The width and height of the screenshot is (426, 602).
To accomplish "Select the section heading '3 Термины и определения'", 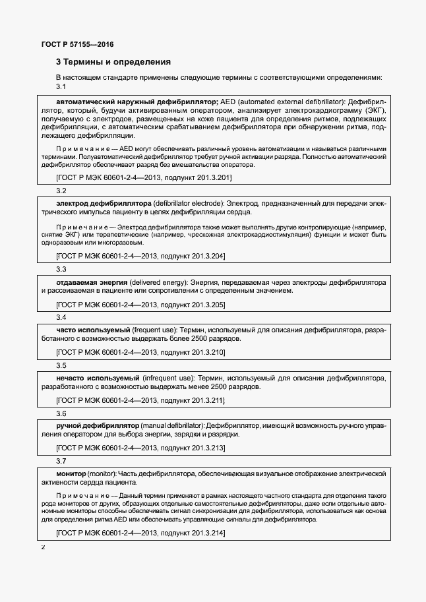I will (x=113, y=62).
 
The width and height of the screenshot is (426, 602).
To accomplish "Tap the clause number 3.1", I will (x=61, y=87).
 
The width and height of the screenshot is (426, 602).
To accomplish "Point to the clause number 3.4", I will (x=61, y=317).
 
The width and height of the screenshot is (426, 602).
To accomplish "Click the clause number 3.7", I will (x=61, y=461).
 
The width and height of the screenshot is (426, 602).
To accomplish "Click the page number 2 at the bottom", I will (x=44, y=547).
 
